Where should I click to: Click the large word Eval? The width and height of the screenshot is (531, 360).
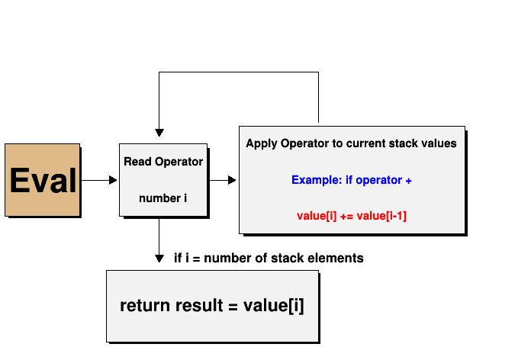43,181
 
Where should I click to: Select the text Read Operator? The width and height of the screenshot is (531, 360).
163,162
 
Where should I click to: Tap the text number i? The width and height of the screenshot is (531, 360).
163,198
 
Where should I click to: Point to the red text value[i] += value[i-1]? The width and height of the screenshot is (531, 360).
352,216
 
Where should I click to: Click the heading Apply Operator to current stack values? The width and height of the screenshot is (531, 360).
351,143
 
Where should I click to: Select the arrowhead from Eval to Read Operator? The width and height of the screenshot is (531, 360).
113,181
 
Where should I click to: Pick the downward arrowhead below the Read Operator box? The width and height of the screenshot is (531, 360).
159,257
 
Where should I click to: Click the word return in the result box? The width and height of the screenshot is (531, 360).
145,306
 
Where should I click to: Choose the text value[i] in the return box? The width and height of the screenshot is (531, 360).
273,306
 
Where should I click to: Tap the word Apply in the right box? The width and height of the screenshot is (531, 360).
260,143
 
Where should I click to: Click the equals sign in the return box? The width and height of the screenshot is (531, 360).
233,307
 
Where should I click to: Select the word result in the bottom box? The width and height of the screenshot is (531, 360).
200,306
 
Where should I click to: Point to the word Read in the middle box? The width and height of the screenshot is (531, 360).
137,162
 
